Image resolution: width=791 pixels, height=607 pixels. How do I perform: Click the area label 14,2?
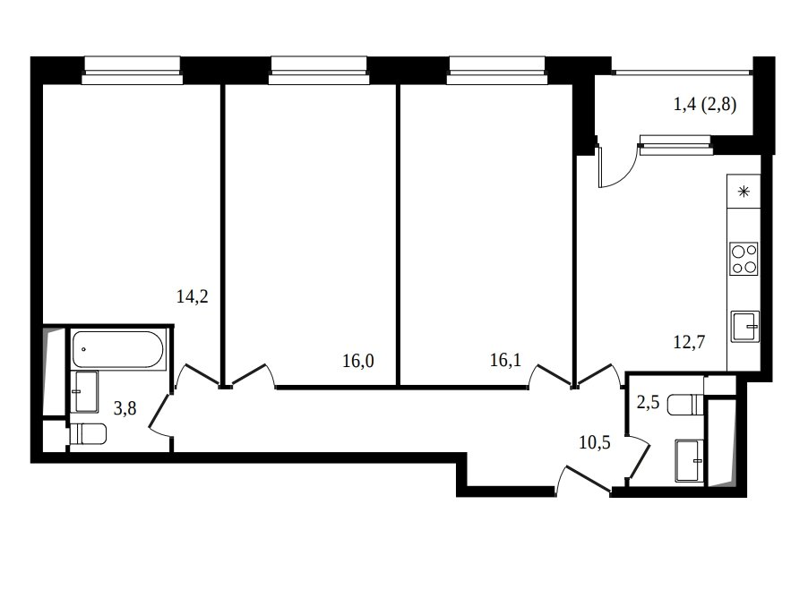[x=193, y=296]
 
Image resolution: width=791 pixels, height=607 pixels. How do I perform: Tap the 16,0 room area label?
[x=358, y=361]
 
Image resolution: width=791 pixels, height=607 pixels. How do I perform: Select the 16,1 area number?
[x=505, y=360]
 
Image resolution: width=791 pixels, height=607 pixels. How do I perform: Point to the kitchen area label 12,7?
[x=689, y=342]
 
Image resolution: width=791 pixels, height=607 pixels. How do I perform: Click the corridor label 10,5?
[x=595, y=442]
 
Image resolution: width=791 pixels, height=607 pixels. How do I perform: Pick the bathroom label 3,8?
[x=125, y=408]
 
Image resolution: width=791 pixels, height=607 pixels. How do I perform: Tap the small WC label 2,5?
[x=649, y=403]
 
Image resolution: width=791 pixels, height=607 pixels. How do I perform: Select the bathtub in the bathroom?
[x=117, y=349]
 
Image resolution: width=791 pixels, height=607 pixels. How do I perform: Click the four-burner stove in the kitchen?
[x=744, y=259]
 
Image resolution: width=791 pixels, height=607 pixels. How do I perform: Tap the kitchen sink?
[x=745, y=327]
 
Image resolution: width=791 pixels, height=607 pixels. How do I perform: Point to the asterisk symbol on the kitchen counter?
[x=744, y=192]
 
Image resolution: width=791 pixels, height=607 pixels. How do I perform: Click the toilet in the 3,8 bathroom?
[x=87, y=434]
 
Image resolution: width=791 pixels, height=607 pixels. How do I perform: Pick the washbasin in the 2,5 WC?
[x=690, y=461]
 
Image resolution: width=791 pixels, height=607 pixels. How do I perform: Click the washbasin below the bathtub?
[x=86, y=392]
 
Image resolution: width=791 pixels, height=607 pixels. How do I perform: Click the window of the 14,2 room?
[x=133, y=70]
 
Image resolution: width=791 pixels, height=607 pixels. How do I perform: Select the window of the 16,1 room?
[x=497, y=70]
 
